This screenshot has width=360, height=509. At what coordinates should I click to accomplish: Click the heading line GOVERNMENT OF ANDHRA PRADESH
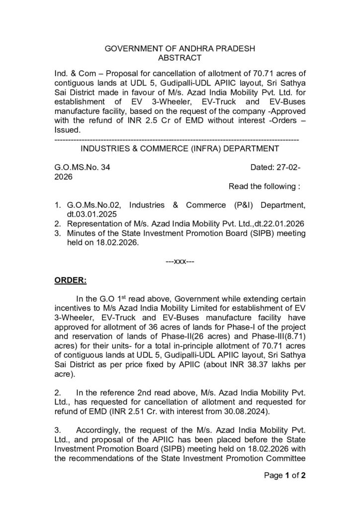(x=180, y=49)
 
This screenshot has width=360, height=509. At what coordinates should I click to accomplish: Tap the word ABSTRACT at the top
(x=180, y=58)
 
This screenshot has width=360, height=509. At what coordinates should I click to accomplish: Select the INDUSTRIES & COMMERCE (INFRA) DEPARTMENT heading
(x=180, y=148)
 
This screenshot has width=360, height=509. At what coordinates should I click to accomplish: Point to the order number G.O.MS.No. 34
(x=82, y=168)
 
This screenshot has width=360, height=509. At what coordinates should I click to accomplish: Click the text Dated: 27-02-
(x=275, y=168)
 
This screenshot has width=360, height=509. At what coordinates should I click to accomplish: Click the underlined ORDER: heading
(x=70, y=280)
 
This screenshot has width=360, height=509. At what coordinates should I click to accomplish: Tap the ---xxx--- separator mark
(x=180, y=262)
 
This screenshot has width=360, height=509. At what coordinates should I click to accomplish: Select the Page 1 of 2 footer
(x=284, y=475)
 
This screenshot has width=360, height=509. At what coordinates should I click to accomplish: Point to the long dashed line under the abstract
(x=176, y=138)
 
